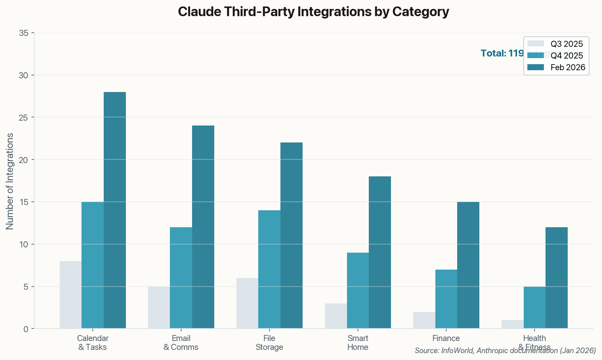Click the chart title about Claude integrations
313,12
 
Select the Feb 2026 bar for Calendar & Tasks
115,210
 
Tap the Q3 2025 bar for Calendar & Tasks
71,295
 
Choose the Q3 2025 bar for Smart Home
336,316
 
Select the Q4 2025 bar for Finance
446,299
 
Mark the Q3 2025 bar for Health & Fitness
512,324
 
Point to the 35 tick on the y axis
24,33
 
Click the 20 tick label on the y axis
24,160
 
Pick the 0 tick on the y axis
26,329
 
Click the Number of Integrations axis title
10,181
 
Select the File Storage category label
269,343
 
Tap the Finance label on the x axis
446,338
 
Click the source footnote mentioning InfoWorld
505,351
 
